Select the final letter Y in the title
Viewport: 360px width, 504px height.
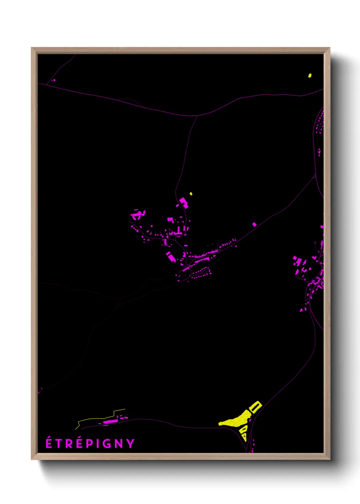[131, 443]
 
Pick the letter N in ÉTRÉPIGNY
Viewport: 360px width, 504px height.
[118, 443]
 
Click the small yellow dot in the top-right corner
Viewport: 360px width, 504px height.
[310, 75]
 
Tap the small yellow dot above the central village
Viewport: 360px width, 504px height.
[191, 194]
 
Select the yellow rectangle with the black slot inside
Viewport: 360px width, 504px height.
[255, 407]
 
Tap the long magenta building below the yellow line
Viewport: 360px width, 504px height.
[110, 422]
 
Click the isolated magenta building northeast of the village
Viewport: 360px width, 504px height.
[254, 224]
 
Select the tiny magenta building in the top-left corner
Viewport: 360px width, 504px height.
[54, 80]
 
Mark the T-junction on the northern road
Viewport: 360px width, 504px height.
[197, 116]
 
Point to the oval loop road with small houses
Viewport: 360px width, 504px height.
[200, 272]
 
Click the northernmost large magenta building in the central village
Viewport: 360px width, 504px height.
[184, 202]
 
